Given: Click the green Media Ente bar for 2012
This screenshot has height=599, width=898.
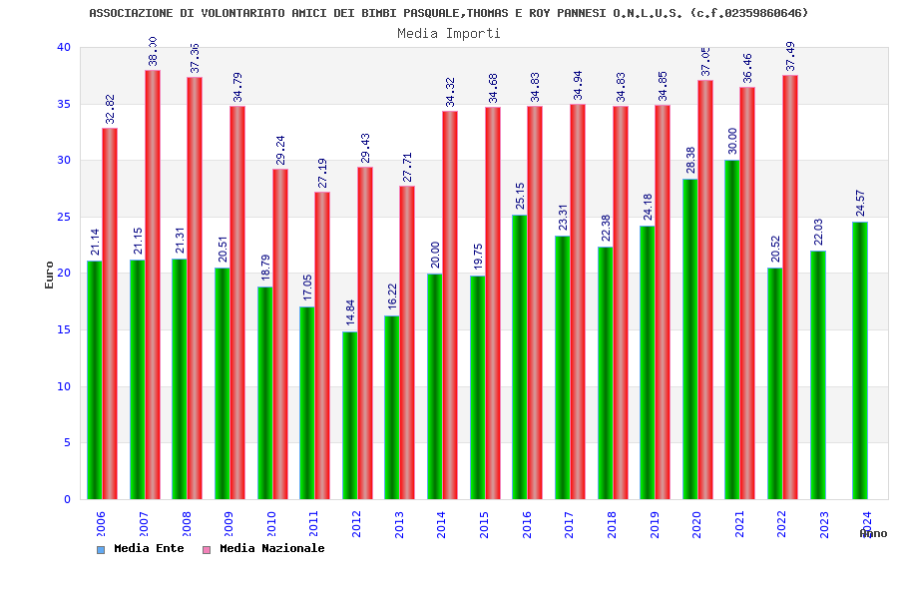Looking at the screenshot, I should (349, 415).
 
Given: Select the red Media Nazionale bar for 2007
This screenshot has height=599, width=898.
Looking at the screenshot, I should (153, 285).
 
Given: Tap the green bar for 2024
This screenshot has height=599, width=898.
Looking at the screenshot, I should (860, 360).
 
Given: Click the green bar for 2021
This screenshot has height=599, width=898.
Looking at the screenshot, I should (732, 329).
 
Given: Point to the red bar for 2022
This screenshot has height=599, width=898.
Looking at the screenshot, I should (790, 288).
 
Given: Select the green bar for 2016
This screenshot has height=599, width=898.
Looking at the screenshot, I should (520, 357).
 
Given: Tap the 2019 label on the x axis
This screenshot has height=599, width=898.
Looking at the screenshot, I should (655, 525).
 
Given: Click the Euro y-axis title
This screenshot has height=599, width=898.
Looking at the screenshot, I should (50, 275).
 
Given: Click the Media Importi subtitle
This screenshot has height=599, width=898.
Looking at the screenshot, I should (449, 33).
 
